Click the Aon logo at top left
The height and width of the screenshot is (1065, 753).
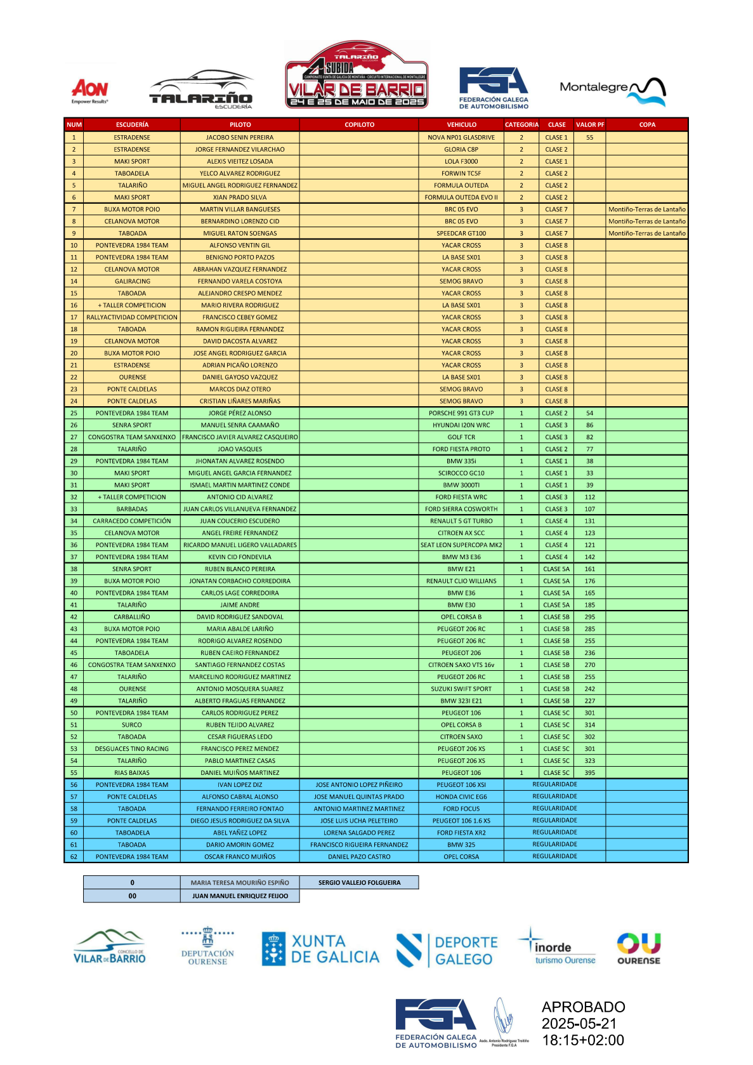[x=89, y=90]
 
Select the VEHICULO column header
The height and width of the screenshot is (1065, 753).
[x=461, y=124]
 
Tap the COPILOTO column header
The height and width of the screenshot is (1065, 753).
[x=359, y=124]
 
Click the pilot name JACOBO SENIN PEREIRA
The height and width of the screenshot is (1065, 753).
[x=240, y=137]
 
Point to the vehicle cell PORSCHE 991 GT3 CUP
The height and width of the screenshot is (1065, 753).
[x=461, y=413]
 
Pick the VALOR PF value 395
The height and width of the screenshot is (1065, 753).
[x=589, y=773]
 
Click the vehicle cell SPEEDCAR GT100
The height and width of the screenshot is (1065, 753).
[x=461, y=234]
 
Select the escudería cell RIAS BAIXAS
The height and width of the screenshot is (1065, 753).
[x=132, y=773]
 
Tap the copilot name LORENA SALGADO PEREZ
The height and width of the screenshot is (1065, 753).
[x=359, y=833]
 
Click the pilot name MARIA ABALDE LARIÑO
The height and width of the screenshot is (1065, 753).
[x=240, y=629]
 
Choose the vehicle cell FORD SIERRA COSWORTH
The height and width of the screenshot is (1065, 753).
[x=461, y=509]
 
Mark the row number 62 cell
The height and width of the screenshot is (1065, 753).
[x=74, y=857]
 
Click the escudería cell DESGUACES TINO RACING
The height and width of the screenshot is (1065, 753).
[x=132, y=749]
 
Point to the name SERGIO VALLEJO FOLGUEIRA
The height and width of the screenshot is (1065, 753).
[x=359, y=883]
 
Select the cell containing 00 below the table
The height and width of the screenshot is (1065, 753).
[x=132, y=896]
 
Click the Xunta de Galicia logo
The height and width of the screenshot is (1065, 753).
[x=320, y=949]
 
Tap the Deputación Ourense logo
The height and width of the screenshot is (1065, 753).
[x=207, y=947]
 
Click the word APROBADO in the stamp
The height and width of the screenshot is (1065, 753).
[x=583, y=1007]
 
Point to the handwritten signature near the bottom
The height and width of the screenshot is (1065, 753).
[x=504, y=1018]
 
